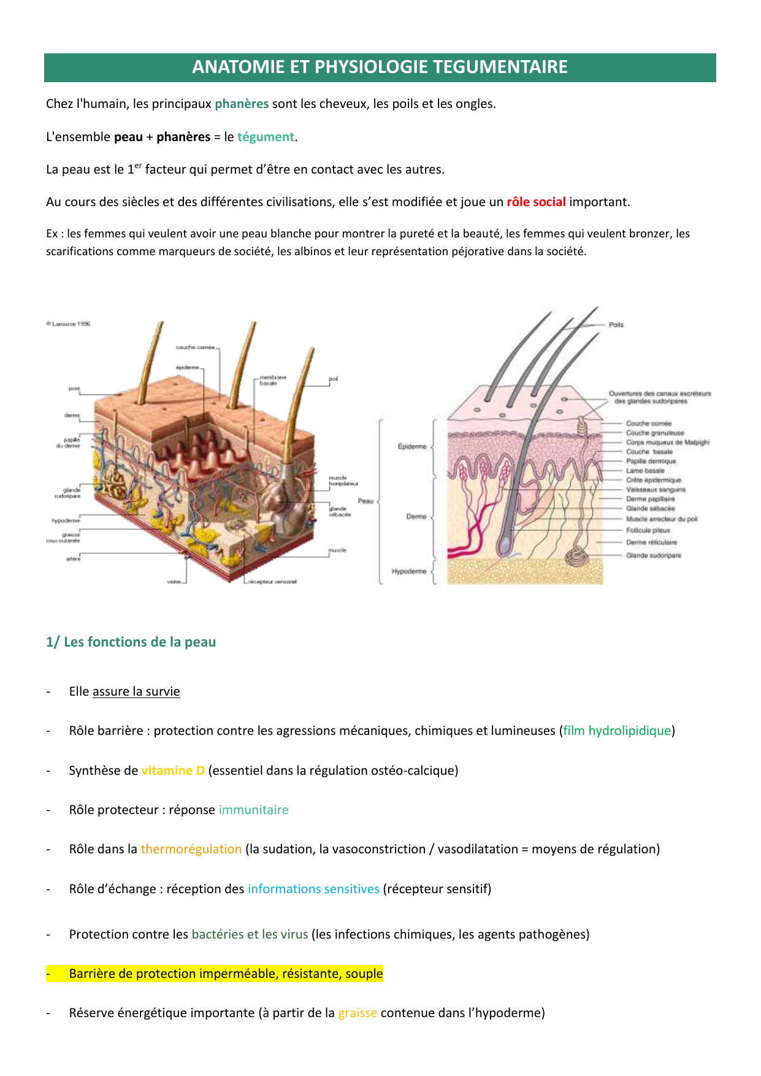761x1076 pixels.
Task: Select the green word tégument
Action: point(266,137)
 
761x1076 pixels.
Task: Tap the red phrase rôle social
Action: point(536,202)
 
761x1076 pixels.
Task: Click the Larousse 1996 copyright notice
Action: point(68,324)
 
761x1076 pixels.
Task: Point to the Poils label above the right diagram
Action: point(616,325)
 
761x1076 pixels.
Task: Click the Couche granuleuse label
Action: point(654,433)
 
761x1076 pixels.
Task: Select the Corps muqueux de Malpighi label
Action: point(667,442)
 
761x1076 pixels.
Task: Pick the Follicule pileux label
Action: point(648,530)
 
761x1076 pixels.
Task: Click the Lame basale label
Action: point(645,471)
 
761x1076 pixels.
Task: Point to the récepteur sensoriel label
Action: point(272,582)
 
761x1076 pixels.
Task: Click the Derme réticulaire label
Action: point(651,542)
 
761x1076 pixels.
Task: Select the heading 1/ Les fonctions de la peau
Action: point(131,642)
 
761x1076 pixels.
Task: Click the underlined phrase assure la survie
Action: point(136,691)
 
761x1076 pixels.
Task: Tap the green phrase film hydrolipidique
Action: point(617,731)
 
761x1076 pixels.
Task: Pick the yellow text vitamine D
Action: point(173,770)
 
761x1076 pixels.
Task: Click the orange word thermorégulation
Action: point(191,849)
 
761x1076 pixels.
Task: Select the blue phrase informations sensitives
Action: point(313,889)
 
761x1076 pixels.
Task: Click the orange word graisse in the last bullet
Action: point(358,1013)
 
